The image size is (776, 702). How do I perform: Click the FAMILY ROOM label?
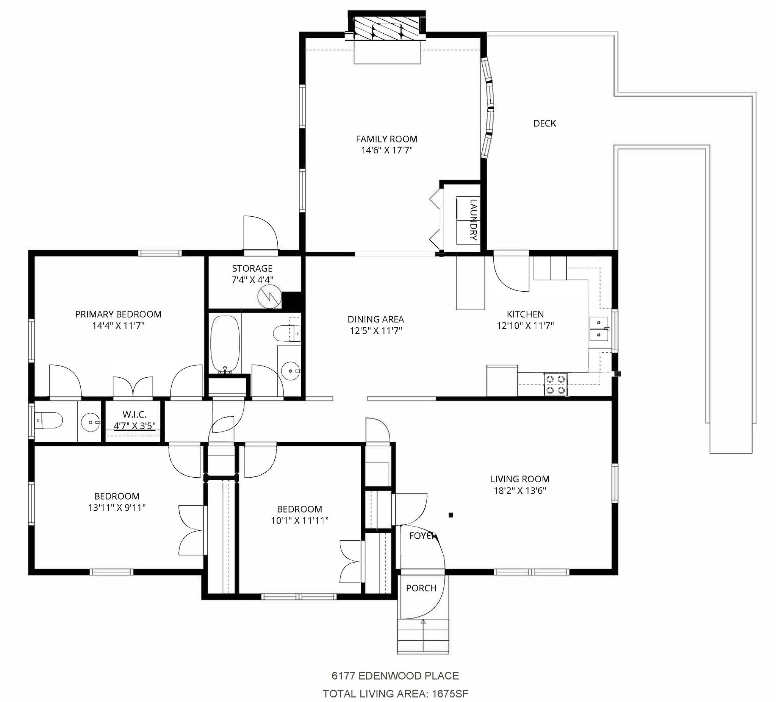pyautogui.click(x=386, y=139)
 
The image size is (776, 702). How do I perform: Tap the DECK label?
pyautogui.click(x=544, y=123)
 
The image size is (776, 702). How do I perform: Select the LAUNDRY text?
pyautogui.click(x=474, y=219)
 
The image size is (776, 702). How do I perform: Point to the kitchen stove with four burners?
pyautogui.click(x=556, y=385)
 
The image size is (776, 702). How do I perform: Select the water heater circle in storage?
pyautogui.click(x=269, y=296)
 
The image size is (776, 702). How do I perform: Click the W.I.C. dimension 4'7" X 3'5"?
pyautogui.click(x=135, y=426)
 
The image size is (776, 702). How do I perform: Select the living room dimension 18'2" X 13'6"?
pyautogui.click(x=520, y=491)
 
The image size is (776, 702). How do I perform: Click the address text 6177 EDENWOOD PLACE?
pyautogui.click(x=395, y=675)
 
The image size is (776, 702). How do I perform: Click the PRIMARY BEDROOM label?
pyautogui.click(x=118, y=314)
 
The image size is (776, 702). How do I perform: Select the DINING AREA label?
pyautogui.click(x=375, y=319)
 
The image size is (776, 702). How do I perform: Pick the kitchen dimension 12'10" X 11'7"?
pyautogui.click(x=525, y=325)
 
